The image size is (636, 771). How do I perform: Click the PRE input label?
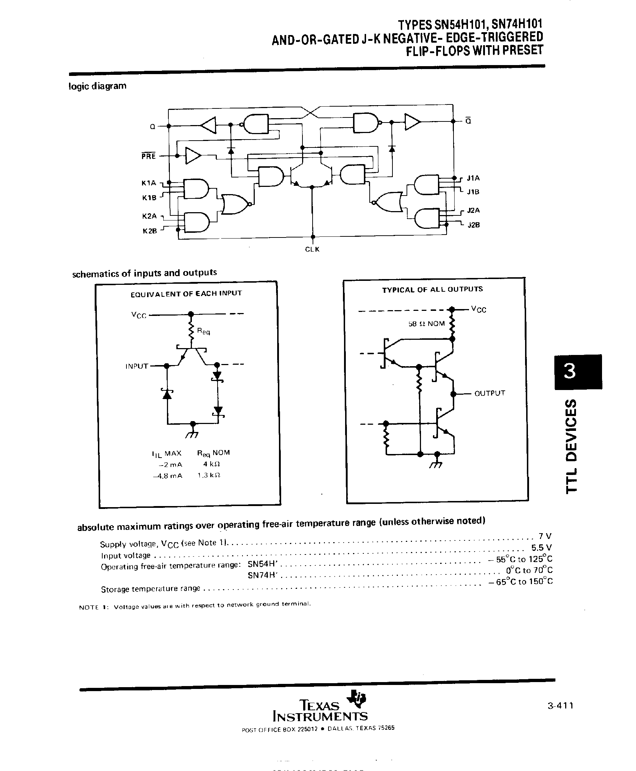149,156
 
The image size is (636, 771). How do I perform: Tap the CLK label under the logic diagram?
312,249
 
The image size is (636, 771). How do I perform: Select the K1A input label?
149,183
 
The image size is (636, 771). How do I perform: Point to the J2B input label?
473,225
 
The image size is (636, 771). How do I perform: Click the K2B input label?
150,231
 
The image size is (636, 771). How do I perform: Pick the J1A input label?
473,178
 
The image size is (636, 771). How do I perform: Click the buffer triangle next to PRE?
193,156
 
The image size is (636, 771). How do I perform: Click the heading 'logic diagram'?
98,86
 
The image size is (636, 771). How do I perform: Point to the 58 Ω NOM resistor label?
426,324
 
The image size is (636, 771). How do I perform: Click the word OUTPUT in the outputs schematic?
489,393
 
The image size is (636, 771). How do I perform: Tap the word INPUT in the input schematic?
137,366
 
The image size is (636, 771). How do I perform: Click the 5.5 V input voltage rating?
541,548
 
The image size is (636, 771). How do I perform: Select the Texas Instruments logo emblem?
357,699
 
